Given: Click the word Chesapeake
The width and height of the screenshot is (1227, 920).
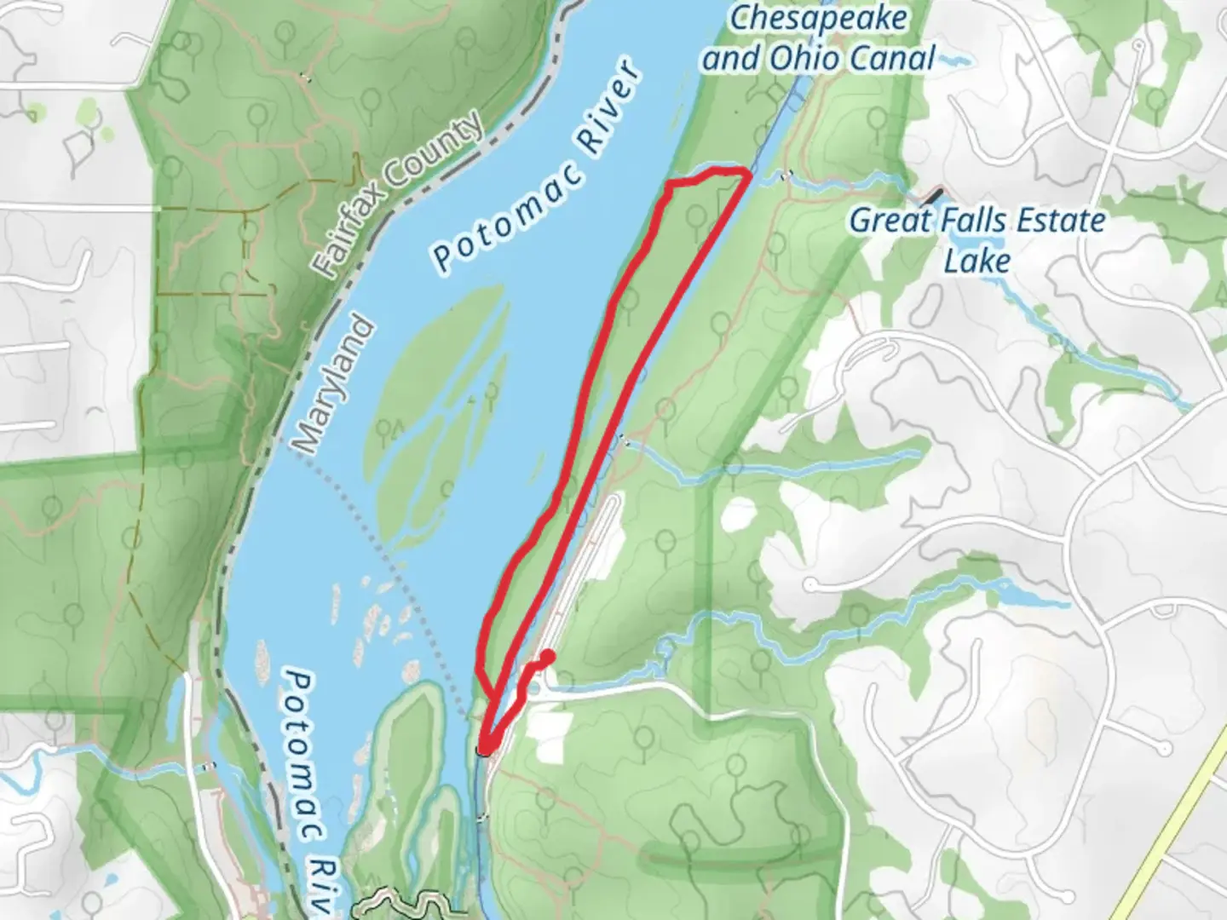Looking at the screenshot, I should pyautogui.click(x=819, y=19).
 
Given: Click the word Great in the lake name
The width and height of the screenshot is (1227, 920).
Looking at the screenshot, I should pyautogui.click(x=890, y=221).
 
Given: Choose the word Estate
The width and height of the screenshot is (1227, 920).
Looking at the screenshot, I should pyautogui.click(x=1061, y=221).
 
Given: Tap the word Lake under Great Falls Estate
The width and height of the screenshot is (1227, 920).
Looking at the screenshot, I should pyautogui.click(x=976, y=261).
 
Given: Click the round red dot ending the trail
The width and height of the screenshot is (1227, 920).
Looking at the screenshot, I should pyautogui.click(x=548, y=656).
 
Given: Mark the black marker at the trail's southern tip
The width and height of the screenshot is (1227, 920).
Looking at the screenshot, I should pyautogui.click(x=483, y=750).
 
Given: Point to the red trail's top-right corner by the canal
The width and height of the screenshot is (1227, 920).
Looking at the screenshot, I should pyautogui.click(x=748, y=175).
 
